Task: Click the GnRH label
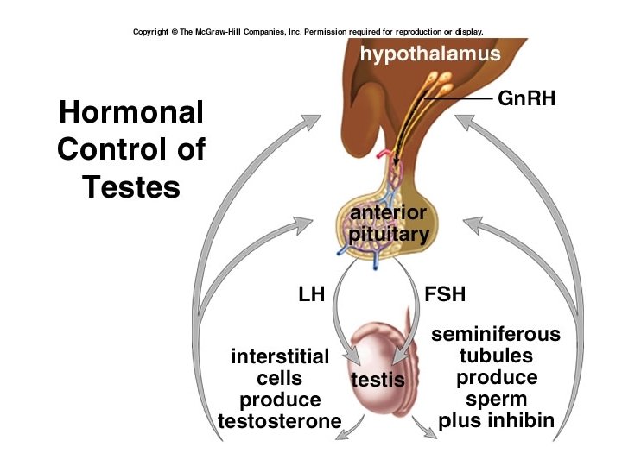526,98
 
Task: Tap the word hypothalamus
430,54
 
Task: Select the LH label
311,294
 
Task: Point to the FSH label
445,294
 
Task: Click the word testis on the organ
378,379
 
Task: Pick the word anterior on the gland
387,213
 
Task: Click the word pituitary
388,234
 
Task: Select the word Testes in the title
131,186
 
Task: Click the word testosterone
279,421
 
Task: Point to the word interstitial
280,356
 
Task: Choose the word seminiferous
495,334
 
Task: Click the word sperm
496,400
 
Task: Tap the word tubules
496,356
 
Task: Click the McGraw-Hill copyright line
308,32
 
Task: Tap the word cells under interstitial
280,378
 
